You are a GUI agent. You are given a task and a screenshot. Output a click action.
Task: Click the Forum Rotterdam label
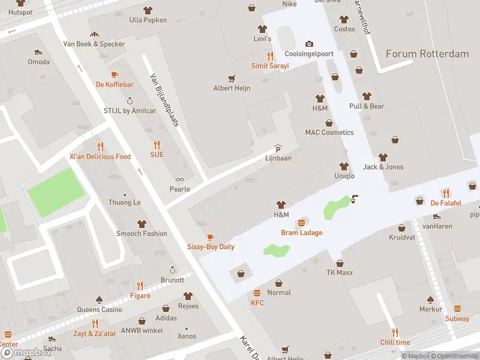point(427,54)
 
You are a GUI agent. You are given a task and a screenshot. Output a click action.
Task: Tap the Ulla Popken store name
point(148,20)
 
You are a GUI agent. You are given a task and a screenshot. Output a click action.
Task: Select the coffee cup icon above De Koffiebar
point(115,75)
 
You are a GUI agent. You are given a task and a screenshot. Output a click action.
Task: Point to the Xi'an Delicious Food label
point(100,157)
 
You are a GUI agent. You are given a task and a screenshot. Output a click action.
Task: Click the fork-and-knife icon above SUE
point(157,145)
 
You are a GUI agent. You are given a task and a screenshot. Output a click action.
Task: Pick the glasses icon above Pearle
point(179,179)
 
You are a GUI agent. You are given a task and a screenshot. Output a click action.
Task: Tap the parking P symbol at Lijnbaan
point(278,149)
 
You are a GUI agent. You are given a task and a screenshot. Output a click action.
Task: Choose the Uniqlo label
point(344,176)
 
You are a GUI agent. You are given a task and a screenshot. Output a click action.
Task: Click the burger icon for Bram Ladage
point(301,223)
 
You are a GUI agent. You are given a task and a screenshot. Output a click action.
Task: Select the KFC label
point(257,302)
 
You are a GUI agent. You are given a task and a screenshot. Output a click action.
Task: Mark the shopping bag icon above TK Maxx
point(340,263)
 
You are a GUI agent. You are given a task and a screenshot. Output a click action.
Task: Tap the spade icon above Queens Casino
point(99,299)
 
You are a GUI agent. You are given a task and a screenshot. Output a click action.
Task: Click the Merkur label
point(431,309)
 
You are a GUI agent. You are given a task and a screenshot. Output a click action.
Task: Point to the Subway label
point(457,319)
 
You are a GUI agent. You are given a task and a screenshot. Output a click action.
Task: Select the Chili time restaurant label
point(395,342)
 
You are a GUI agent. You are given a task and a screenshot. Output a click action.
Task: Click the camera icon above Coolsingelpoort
point(309,44)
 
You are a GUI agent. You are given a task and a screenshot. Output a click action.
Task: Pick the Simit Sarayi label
point(270,65)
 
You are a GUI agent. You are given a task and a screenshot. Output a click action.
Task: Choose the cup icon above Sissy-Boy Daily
point(210,238)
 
